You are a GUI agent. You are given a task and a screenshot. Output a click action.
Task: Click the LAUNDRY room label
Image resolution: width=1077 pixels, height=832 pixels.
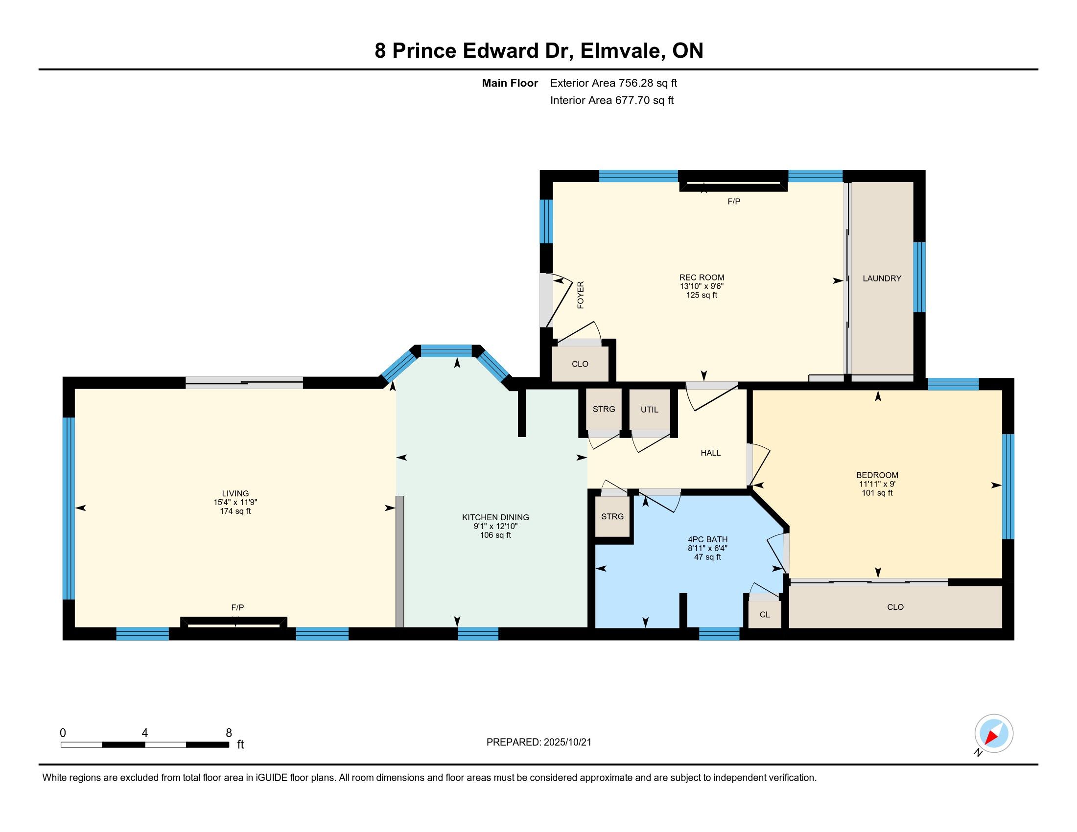point(882,278)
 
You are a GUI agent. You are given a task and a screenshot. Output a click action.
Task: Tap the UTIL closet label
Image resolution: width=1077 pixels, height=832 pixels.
point(650,410)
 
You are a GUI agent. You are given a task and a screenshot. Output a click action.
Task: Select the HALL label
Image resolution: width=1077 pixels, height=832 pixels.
point(711,453)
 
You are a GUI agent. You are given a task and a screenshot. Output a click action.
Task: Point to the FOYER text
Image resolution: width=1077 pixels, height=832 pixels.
point(581,295)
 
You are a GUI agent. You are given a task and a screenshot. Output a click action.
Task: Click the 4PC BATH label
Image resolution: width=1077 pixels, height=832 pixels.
point(708,539)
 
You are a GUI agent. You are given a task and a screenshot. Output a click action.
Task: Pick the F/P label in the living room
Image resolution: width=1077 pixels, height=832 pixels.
point(238,608)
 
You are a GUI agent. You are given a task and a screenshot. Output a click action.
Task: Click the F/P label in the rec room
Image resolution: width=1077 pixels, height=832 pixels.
point(734,202)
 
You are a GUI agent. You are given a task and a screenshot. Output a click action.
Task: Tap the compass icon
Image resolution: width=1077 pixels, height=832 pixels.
point(993,733)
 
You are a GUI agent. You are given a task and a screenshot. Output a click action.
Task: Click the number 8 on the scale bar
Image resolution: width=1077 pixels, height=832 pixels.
point(229,733)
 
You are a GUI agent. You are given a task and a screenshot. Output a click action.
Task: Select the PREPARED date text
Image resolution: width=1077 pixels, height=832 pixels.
point(538,742)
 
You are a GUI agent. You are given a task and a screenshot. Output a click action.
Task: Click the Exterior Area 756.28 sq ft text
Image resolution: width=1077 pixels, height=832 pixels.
point(613,83)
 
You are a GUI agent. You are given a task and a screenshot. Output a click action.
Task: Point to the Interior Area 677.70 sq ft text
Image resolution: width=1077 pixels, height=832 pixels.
point(611,100)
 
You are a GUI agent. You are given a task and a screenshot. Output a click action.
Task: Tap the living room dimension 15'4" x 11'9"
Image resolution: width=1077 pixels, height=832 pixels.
point(235,502)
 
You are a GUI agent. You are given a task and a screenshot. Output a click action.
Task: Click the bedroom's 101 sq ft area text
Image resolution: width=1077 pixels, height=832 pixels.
point(877,493)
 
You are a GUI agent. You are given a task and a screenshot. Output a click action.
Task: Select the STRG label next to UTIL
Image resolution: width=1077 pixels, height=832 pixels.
point(604,409)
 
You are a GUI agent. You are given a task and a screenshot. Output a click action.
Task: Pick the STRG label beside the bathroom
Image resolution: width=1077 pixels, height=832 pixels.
point(612,516)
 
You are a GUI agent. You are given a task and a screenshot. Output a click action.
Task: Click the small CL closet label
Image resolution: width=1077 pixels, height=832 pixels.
point(765,615)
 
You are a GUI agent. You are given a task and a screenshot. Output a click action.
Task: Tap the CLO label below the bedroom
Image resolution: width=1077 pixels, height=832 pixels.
point(895,607)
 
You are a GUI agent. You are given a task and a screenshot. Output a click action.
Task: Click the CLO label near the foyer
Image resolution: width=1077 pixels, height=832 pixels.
point(580,364)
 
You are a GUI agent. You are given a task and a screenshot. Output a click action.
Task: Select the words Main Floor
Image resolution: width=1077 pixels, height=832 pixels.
point(510,83)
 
